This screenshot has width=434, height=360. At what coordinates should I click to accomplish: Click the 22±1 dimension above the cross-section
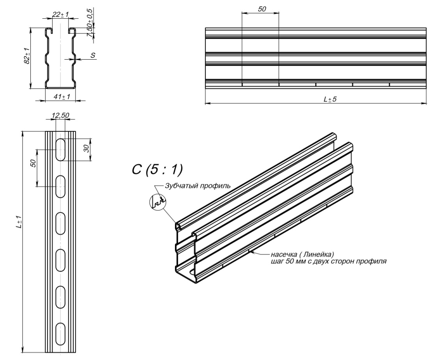click(60, 14)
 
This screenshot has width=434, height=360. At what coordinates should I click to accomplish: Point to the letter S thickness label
click(93, 56)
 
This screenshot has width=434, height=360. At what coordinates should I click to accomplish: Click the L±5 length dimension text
click(330, 99)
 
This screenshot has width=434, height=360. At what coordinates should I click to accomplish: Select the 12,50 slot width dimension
click(60, 115)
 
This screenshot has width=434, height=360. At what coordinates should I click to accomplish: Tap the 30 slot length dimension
click(87, 148)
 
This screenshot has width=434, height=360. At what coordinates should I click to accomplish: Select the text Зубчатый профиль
click(198, 186)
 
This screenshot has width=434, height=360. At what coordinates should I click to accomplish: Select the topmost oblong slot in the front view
click(60, 149)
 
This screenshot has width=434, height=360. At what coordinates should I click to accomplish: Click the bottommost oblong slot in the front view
click(60, 334)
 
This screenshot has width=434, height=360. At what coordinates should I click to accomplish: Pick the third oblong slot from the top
click(60, 223)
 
